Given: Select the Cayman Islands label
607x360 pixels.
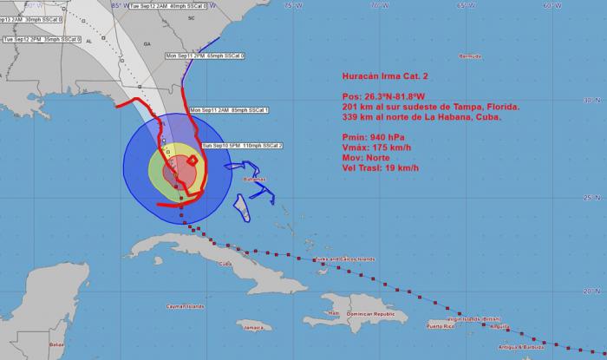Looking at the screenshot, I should (x=186, y=306).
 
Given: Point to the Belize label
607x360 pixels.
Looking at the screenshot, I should (x=57, y=344).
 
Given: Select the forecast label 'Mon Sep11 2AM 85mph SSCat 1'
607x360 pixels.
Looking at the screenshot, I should (x=229, y=110).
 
